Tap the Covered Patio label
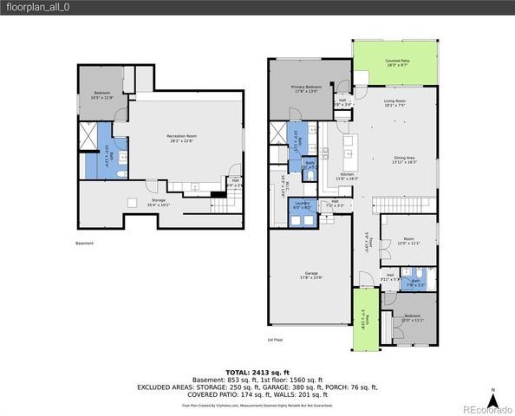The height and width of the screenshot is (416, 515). [397, 62]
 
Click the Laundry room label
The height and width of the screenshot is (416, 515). [301, 205]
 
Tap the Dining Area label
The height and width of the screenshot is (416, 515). [404, 159]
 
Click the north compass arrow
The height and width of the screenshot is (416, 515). [492, 400]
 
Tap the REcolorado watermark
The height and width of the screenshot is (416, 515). [486, 410]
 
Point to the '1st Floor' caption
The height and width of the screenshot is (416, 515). [276, 339]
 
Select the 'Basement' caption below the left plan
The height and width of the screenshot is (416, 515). [84, 244]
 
